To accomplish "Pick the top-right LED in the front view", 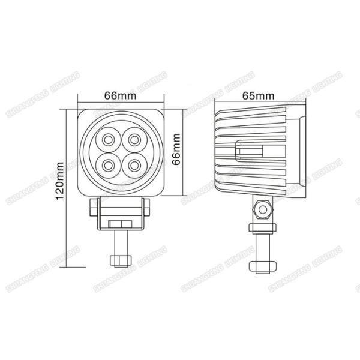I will tap(131, 140).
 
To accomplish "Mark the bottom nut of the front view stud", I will tap(120, 260).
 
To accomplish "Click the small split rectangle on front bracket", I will tap(120, 223).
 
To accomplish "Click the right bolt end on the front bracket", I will tap(147, 208).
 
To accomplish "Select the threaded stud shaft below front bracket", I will tap(120, 242).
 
